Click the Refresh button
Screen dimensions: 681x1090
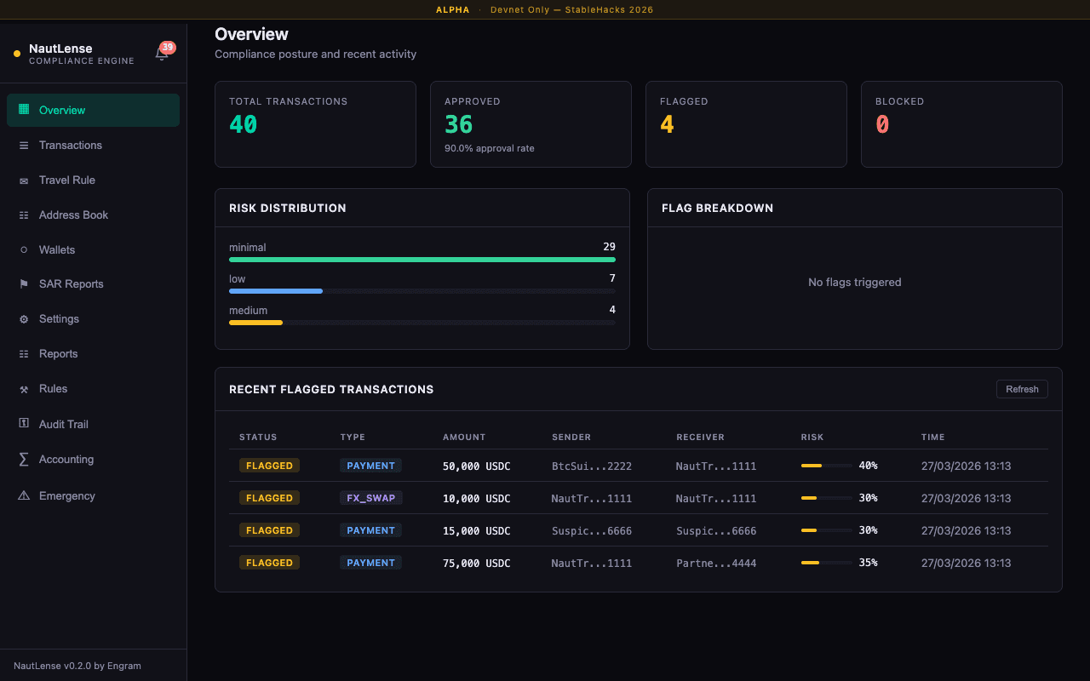point(1022,389)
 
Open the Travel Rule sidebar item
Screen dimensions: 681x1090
point(66,180)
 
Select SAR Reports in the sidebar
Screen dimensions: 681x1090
point(71,284)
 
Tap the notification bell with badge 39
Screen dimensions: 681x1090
point(162,54)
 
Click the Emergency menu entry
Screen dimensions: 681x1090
point(66,495)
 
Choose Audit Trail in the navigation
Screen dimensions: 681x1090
point(63,424)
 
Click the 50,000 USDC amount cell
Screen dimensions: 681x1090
point(476,466)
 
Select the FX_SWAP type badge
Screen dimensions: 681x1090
point(370,498)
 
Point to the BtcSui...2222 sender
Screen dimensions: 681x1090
point(591,466)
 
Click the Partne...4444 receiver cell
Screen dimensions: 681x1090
point(715,563)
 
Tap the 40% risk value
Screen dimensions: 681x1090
point(868,466)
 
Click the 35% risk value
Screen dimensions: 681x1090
point(868,563)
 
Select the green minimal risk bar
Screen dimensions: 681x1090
point(422,260)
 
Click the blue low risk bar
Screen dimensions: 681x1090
point(276,291)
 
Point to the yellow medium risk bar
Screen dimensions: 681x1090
point(255,323)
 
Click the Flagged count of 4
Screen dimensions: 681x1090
point(667,125)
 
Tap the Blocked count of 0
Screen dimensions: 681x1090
point(882,125)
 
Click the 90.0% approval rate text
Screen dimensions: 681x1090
point(489,148)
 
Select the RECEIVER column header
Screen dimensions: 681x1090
point(700,437)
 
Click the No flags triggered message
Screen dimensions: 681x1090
point(854,282)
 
